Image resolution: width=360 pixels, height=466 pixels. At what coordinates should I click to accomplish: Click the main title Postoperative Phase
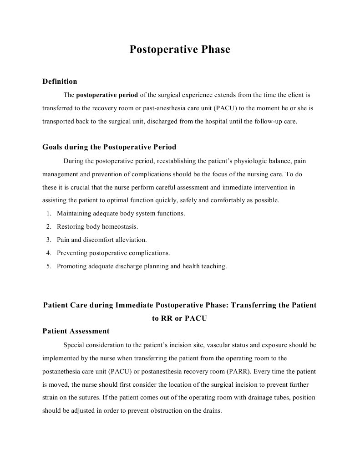tap(180, 49)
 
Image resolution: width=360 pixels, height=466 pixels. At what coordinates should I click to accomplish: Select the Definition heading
tap(60, 82)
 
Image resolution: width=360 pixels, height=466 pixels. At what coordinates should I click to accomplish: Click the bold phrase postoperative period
tap(107, 95)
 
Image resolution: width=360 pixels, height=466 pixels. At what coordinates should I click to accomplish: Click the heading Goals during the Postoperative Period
tap(109, 147)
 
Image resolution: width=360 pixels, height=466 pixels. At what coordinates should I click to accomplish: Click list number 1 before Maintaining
tap(49, 213)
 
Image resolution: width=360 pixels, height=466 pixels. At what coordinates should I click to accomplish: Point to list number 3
tap(49, 240)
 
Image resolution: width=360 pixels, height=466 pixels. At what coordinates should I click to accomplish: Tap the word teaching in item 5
tap(212, 266)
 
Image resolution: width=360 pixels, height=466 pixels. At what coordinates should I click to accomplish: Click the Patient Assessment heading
tap(76, 331)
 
